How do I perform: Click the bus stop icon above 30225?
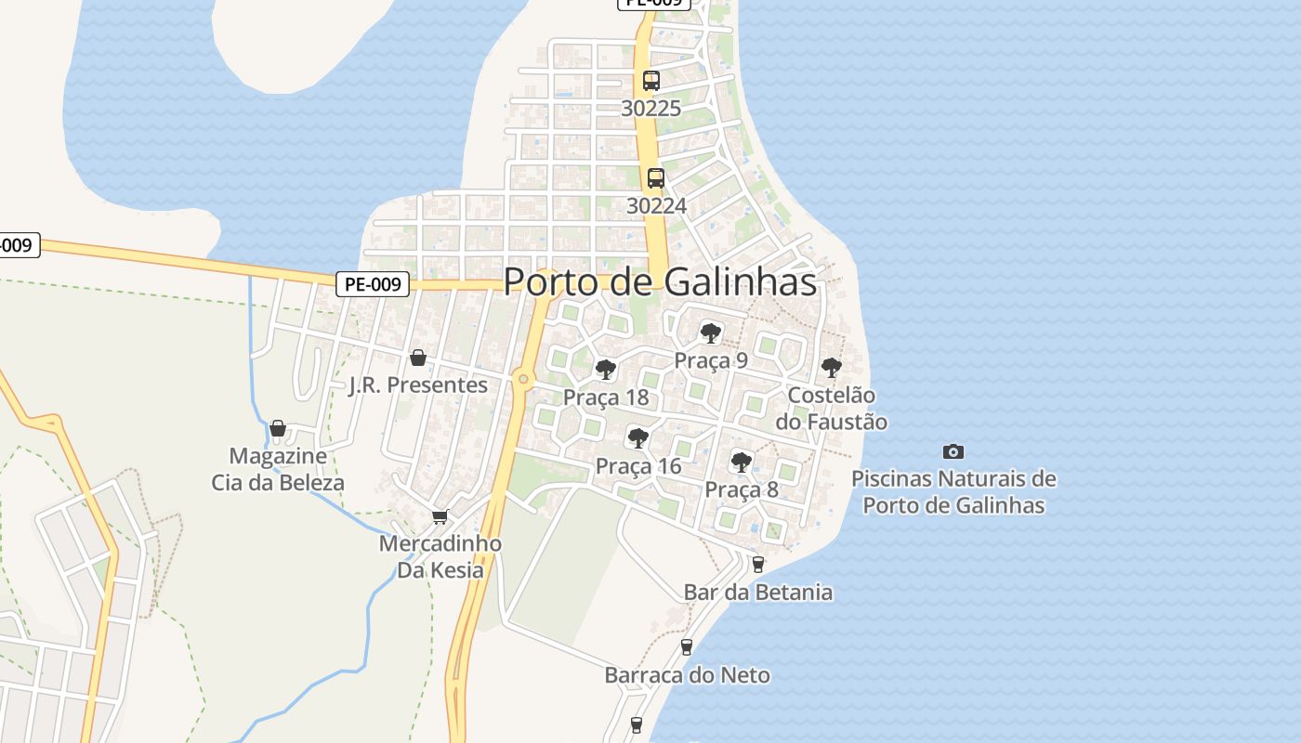[651, 81]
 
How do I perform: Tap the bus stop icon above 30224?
[656, 178]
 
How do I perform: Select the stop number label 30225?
[651, 109]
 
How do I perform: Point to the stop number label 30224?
[656, 205]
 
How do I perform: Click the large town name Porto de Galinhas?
[660, 282]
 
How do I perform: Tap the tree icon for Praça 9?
[711, 332]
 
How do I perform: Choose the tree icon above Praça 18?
[606, 370]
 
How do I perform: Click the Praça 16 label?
[638, 466]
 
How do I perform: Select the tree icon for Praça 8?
[742, 462]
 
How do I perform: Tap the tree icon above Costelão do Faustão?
[832, 368]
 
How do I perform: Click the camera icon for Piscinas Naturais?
[953, 451]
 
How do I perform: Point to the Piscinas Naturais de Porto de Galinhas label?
[953, 492]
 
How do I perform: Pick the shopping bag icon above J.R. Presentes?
[418, 358]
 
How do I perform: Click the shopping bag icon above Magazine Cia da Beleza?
[278, 428]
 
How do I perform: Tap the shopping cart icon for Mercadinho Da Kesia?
[440, 516]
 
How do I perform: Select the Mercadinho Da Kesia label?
[440, 556]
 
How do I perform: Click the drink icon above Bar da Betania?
[758, 564]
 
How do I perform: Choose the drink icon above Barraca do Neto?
[687, 646]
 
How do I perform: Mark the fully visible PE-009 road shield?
[372, 284]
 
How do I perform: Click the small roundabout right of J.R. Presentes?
[524, 378]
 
